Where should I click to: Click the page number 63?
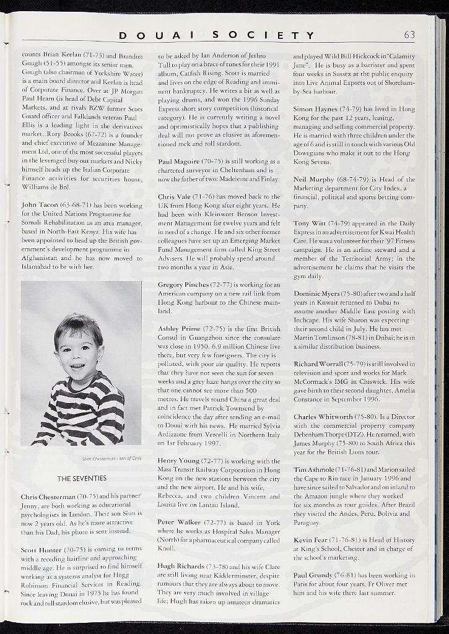410,35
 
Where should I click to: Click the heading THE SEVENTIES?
82,478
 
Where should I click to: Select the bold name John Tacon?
40,204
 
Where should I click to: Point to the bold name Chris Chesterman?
48,497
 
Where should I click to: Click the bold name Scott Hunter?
41,549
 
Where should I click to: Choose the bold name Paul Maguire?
179,161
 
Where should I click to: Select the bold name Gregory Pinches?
183,284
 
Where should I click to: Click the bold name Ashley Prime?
179,329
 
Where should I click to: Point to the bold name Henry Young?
178,461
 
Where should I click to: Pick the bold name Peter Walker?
178,523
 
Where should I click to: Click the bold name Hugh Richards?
181,566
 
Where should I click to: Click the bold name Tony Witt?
310,223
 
